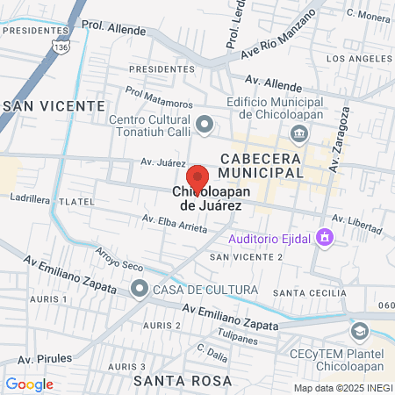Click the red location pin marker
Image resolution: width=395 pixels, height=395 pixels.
pos(197,180)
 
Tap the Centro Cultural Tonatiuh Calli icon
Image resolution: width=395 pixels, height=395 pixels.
pos(205,125)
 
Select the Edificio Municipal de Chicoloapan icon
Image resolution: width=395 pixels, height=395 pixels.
pos(298,133)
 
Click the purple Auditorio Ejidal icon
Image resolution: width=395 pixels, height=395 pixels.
pos(325,237)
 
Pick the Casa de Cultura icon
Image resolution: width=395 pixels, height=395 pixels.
pos(140,288)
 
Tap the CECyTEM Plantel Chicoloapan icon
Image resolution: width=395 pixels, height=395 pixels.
pos(359,331)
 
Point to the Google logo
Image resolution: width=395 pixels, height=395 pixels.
pos(29,384)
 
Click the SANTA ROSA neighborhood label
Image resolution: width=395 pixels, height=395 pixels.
pos(183,381)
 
